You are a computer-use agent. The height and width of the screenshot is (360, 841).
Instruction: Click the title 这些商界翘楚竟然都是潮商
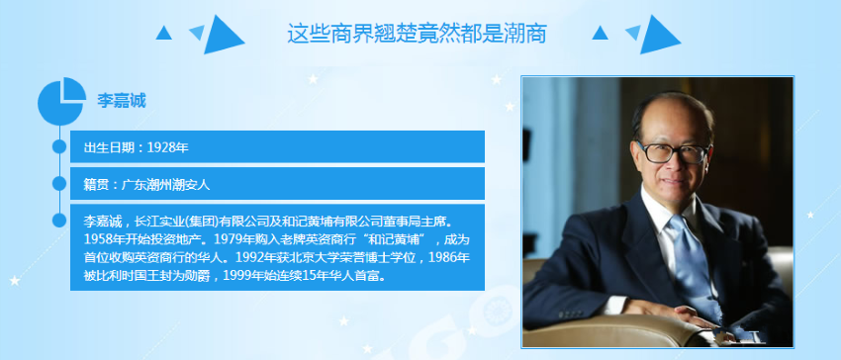[x=417, y=34]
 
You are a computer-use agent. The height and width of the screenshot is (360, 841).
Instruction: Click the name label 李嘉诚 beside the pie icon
[x=122, y=100]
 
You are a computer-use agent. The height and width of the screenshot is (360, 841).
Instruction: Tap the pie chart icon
[x=61, y=101]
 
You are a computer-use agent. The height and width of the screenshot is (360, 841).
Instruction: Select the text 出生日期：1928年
[x=137, y=147]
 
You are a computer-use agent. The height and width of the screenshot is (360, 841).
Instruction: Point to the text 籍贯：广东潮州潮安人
[x=146, y=185]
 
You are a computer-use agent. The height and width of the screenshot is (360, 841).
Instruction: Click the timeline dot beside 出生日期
[x=59, y=146]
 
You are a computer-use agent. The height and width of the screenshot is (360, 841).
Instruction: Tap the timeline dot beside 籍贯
[x=59, y=184]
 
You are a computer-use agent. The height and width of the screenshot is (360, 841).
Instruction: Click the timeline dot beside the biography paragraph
[x=59, y=220]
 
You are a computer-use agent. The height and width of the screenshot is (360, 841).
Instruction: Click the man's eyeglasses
[x=673, y=152]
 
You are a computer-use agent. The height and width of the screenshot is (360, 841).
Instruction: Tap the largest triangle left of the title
[x=224, y=35]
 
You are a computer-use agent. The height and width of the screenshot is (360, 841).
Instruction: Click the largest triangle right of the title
[x=660, y=35]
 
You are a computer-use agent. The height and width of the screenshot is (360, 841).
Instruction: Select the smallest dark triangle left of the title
[x=163, y=33]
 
